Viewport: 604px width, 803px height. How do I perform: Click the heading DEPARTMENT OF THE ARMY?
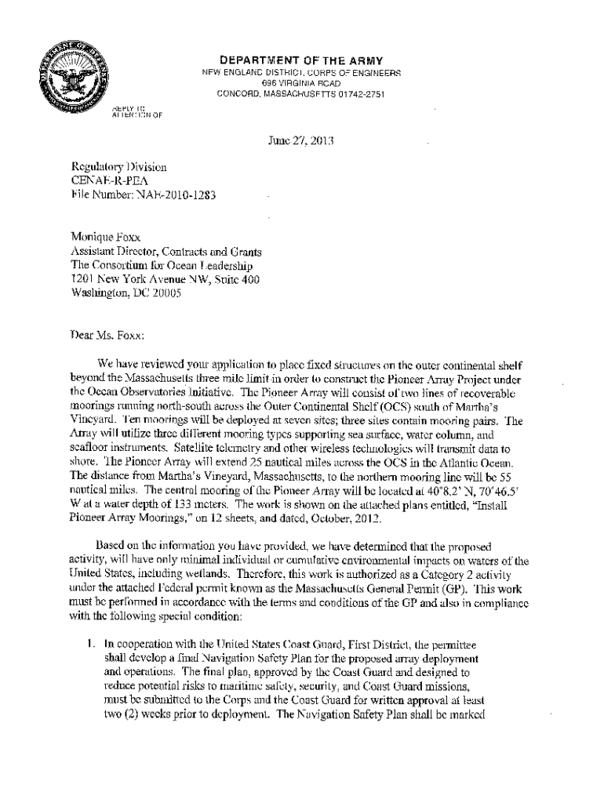click(301, 60)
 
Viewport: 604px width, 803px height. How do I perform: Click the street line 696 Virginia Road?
click(301, 84)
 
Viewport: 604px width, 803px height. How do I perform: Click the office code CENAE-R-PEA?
click(107, 180)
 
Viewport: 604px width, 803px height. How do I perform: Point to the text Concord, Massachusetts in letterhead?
click(271, 94)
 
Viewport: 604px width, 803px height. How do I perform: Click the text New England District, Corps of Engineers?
click(301, 73)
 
